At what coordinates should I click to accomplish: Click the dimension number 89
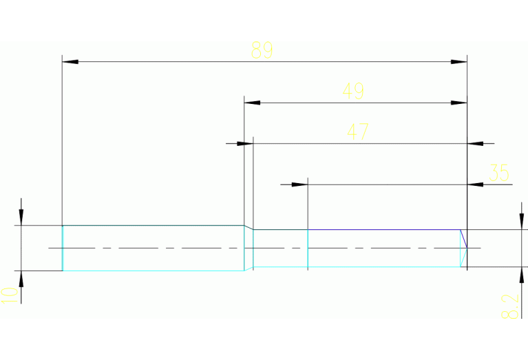point(262,50)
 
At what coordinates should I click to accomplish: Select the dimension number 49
point(353,91)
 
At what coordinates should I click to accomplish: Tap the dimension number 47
point(357,131)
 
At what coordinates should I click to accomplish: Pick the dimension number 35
point(498,173)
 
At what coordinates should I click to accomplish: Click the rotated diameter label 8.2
point(508,307)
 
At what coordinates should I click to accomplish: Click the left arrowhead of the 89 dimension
point(70,62)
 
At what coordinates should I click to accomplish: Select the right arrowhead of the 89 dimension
point(460,62)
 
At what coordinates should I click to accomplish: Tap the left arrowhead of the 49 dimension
point(253,103)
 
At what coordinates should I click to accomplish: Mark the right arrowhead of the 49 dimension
point(459,103)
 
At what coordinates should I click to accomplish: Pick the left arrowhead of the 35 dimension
point(299,184)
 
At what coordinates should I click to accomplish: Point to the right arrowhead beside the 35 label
point(475,184)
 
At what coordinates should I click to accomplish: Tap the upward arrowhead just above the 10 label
point(21,278)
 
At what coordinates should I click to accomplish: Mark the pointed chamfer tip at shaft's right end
point(467,247)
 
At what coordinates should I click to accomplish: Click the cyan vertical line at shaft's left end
point(63,248)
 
